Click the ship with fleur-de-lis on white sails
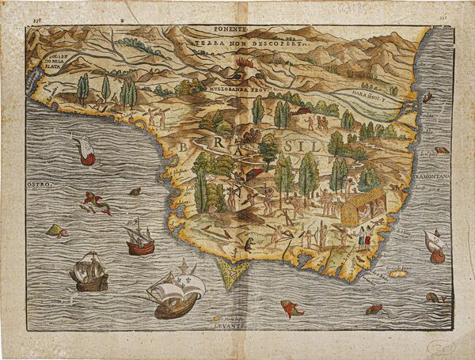coord(176,290)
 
